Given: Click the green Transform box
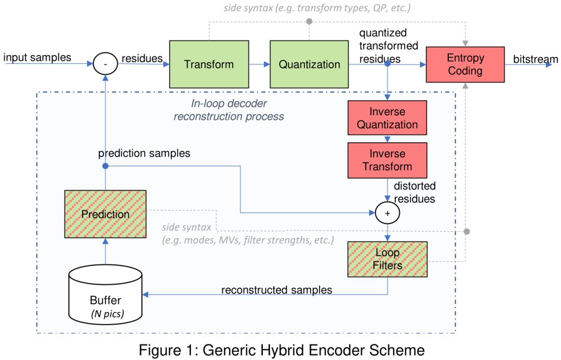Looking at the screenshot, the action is click(x=209, y=64).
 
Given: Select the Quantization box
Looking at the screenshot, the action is click(x=309, y=64).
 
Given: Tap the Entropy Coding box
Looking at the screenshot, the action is click(x=465, y=64).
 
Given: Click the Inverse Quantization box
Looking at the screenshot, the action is click(x=387, y=118).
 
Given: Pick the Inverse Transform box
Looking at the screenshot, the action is click(x=387, y=161).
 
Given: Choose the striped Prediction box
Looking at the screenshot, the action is click(x=105, y=214).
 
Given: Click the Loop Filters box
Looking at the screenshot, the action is click(x=387, y=259).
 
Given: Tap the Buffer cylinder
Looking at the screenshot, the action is click(x=105, y=295).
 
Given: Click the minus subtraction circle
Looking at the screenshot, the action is click(x=105, y=64).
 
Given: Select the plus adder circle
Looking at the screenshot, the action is click(x=387, y=213).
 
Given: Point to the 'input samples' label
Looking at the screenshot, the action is click(x=37, y=57).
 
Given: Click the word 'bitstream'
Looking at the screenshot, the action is click(x=536, y=59).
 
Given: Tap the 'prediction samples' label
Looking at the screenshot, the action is click(x=144, y=153).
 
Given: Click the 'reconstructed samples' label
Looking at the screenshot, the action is click(x=276, y=290).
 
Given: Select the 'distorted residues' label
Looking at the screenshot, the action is click(x=415, y=192).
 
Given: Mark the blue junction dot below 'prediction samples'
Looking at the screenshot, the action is click(x=105, y=166).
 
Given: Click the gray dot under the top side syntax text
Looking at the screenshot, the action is click(x=310, y=21).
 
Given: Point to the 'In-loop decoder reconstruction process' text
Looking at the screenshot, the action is click(x=229, y=110).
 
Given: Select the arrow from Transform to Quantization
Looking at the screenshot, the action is click(x=259, y=64).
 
